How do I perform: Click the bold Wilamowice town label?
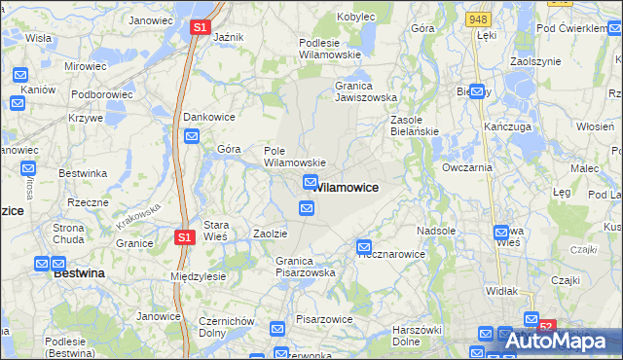tap(348, 186)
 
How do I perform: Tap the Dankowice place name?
tap(208, 115)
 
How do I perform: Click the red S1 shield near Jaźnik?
tap(199, 28)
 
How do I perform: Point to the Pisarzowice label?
tap(323, 319)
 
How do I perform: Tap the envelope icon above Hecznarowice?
tap(364, 247)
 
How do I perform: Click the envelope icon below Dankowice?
tap(192, 136)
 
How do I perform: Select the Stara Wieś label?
tap(215, 230)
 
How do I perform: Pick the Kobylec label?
tap(356, 17)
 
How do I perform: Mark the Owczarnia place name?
tap(467, 167)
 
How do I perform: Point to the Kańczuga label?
tap(506, 126)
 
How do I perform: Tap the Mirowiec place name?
tap(85, 66)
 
